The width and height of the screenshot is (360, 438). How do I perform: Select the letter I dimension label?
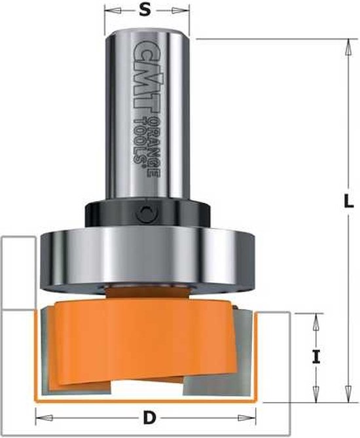(x=316, y=357)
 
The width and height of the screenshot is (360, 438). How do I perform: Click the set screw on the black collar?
(x=149, y=212)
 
